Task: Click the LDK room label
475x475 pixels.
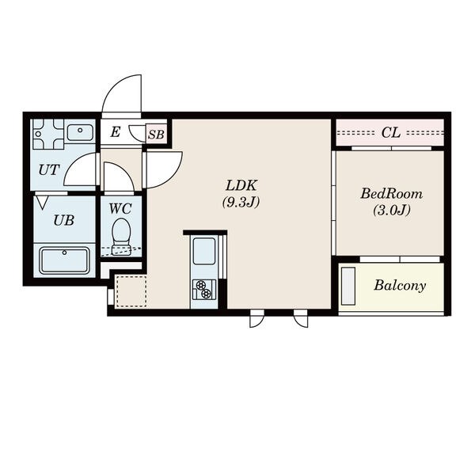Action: coord(241,185)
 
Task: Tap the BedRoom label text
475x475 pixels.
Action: coord(391,194)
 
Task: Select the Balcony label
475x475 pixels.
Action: coord(400,285)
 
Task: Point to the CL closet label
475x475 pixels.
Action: coord(391,133)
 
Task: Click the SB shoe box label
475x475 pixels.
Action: coord(156,135)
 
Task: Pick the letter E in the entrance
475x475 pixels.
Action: coord(115,132)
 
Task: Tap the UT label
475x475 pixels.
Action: coord(49,170)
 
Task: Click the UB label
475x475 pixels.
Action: coord(63,220)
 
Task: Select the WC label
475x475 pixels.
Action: coord(120,209)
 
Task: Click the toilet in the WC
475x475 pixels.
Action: coord(121,236)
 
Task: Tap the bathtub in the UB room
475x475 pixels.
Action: coord(65,260)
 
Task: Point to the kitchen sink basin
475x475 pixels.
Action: coord(204,251)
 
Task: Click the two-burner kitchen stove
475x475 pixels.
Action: coord(204,290)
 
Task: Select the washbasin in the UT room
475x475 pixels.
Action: coord(80,132)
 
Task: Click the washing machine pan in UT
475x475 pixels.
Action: coord(48,134)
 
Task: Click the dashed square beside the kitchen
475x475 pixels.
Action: coord(131,291)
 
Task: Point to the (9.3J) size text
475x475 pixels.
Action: coord(241,203)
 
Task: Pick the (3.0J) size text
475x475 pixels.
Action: coord(391,210)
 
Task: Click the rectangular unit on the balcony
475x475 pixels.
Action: coord(348,286)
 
